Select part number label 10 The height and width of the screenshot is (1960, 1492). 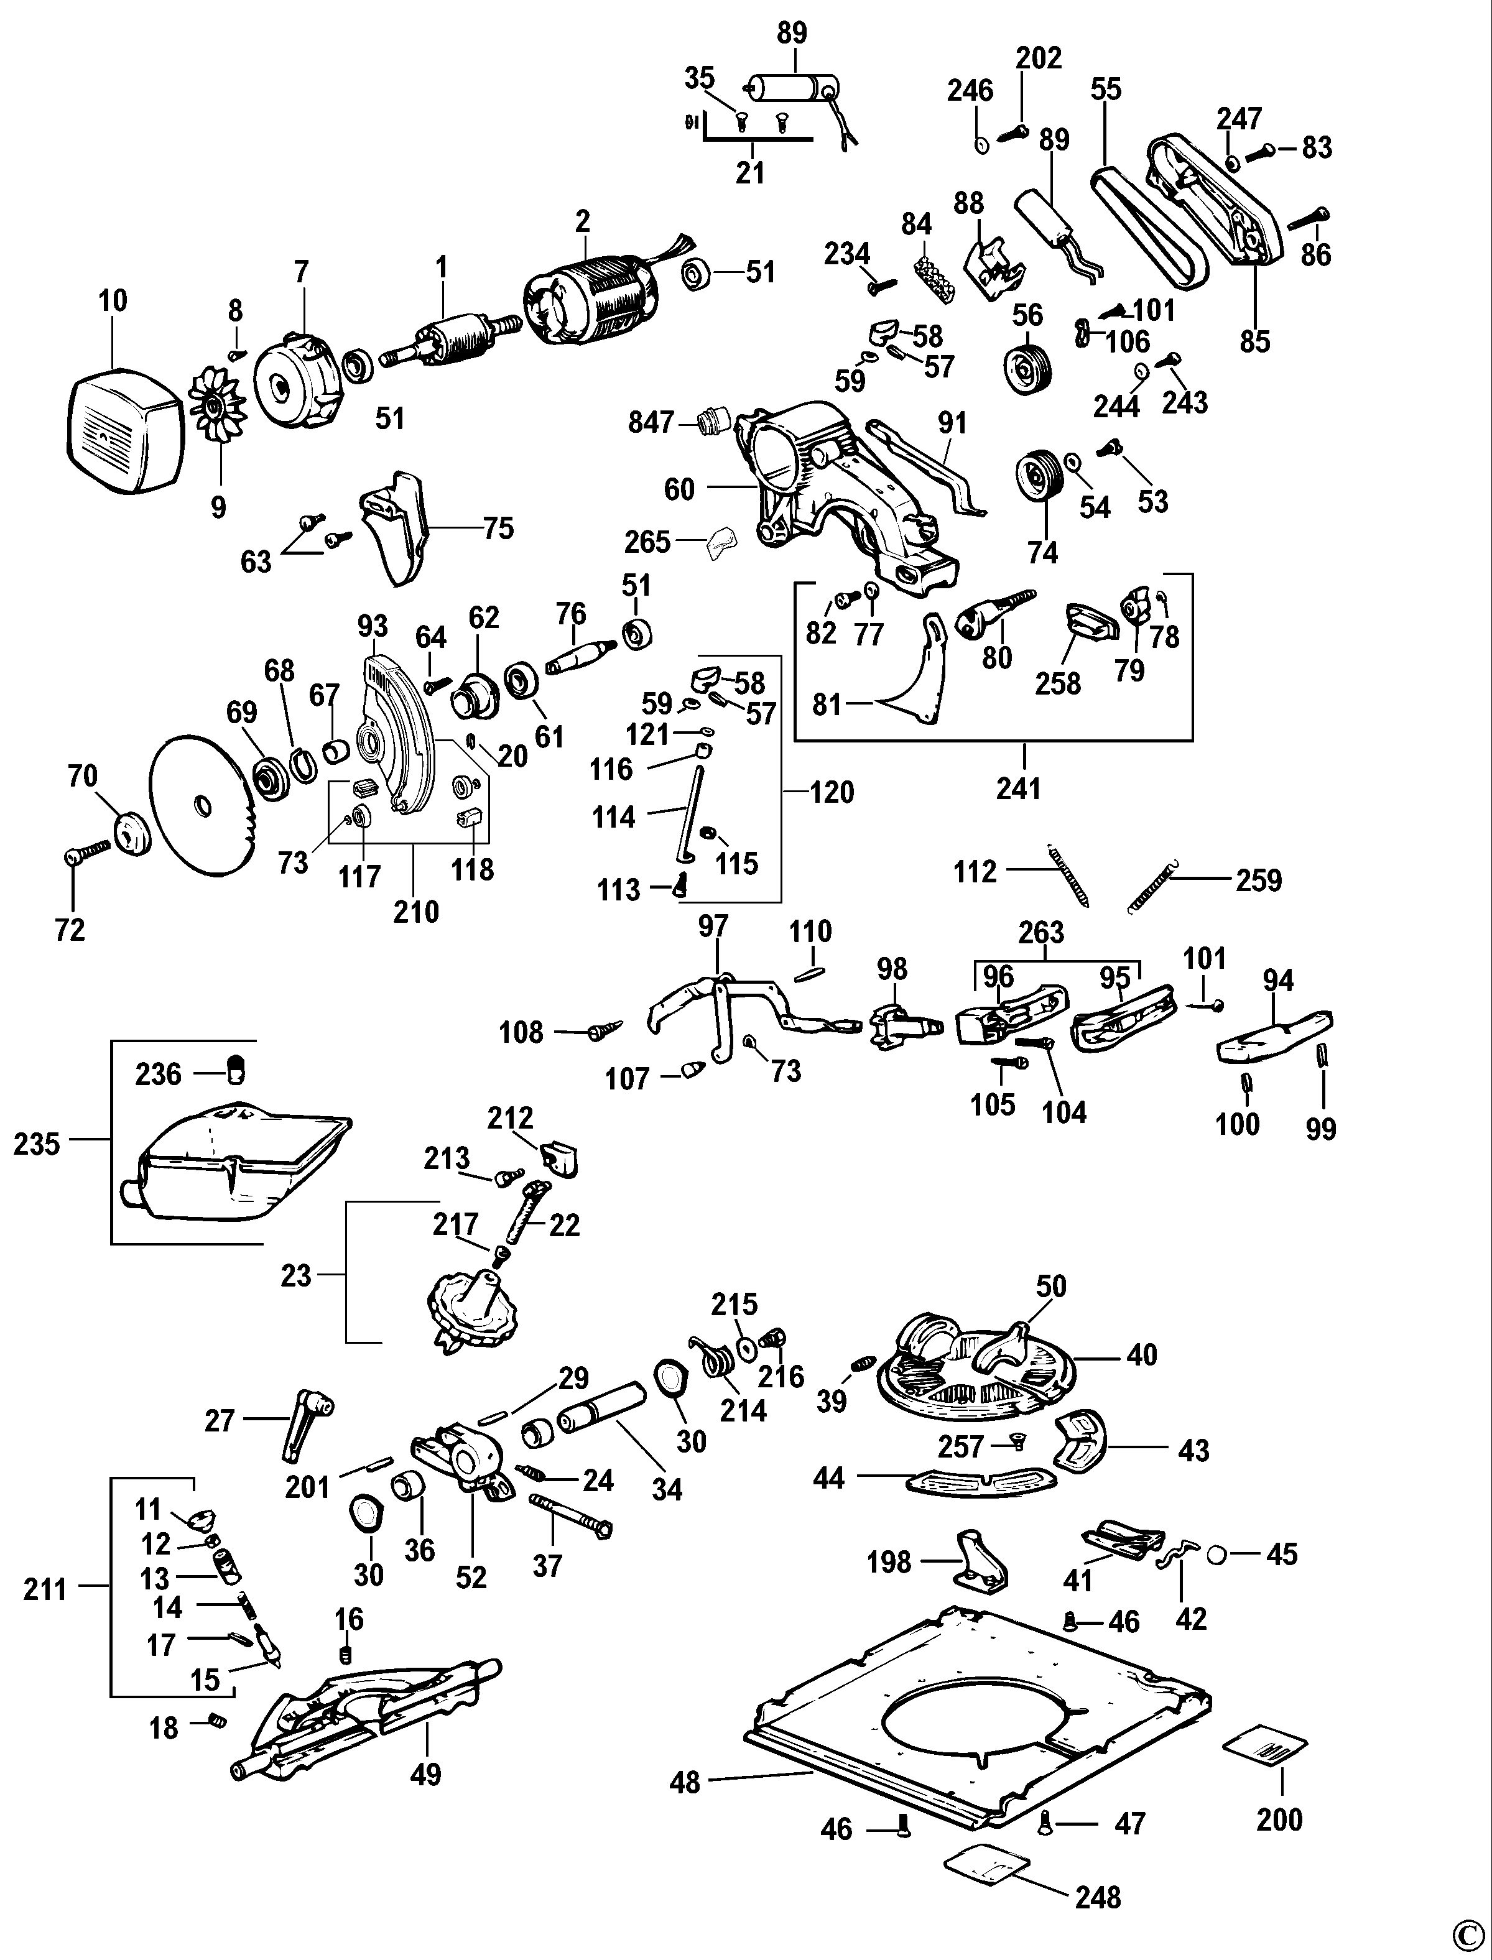(113, 301)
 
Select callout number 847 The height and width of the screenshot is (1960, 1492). (652, 422)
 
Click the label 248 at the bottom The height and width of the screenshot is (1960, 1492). (1098, 1898)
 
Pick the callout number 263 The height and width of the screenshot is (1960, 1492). (1041, 933)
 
